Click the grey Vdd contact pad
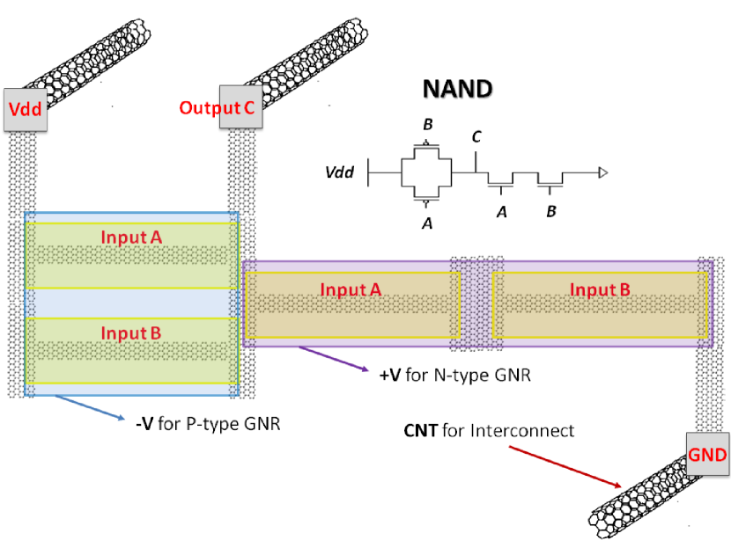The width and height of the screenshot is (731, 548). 26,109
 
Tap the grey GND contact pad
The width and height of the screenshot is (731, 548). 707,454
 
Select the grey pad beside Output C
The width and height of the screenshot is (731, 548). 241,106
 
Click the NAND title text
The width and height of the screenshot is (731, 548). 457,89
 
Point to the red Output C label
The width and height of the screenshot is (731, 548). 217,108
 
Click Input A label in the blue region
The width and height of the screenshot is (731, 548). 131,237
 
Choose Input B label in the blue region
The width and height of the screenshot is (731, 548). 131,332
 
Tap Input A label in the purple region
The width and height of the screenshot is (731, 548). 351,289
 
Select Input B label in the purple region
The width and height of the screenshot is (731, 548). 600,289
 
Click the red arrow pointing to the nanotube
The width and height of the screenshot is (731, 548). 565,466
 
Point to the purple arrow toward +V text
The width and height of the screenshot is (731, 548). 334,359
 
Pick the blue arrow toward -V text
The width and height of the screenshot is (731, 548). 90,407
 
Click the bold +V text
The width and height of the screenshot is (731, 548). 390,375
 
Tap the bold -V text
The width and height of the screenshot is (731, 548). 144,424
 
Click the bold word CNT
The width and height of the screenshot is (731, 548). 420,431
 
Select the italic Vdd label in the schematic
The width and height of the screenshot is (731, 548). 339,172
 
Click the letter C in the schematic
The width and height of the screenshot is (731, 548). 476,137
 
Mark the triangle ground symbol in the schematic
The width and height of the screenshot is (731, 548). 603,172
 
